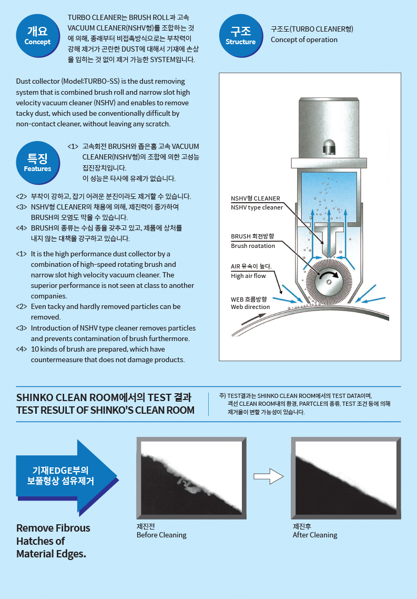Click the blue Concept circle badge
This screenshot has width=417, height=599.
[38, 36]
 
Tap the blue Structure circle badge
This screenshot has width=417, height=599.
[241, 36]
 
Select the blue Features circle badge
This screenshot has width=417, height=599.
[38, 163]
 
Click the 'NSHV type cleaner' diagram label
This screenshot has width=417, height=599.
[257, 207]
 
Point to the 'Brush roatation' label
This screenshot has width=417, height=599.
[253, 246]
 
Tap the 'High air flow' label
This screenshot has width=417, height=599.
[248, 276]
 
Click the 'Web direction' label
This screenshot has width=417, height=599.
[250, 307]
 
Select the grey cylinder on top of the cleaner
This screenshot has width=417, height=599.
[329, 128]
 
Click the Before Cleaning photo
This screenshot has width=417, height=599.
[191, 478]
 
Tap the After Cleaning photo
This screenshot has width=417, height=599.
[346, 478]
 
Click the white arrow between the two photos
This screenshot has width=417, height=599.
[269, 476]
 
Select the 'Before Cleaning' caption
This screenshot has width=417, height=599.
[161, 535]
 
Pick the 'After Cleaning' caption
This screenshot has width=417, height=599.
[315, 535]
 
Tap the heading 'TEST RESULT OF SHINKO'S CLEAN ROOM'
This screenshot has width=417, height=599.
[105, 410]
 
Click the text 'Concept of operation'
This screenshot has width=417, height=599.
[304, 39]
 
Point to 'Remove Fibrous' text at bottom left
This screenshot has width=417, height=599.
[54, 528]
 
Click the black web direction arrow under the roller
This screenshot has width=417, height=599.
[253, 319]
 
